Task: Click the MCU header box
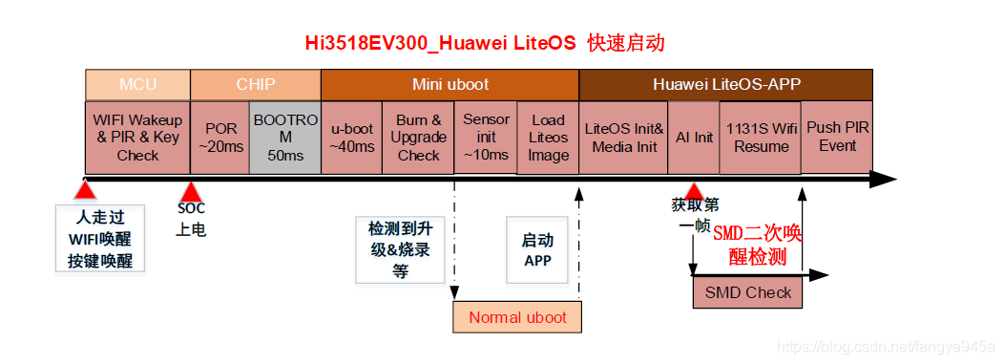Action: click(137, 84)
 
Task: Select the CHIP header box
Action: click(256, 84)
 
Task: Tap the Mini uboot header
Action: click(450, 84)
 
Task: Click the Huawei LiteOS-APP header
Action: click(725, 84)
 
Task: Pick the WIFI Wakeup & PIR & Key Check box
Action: click(137, 138)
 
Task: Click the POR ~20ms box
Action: click(220, 138)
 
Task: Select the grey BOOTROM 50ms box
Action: click(285, 138)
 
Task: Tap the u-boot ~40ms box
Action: click(352, 138)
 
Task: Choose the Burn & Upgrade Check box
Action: click(418, 138)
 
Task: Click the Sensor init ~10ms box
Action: click(486, 137)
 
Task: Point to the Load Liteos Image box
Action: click(548, 138)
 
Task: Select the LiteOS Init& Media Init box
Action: click(623, 138)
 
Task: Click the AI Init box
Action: click(694, 138)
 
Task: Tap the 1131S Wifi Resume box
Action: click(761, 138)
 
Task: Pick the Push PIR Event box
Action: click(837, 137)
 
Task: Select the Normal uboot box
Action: click(517, 317)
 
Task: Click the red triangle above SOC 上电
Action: click(190, 189)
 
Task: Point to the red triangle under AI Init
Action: click(694, 189)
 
